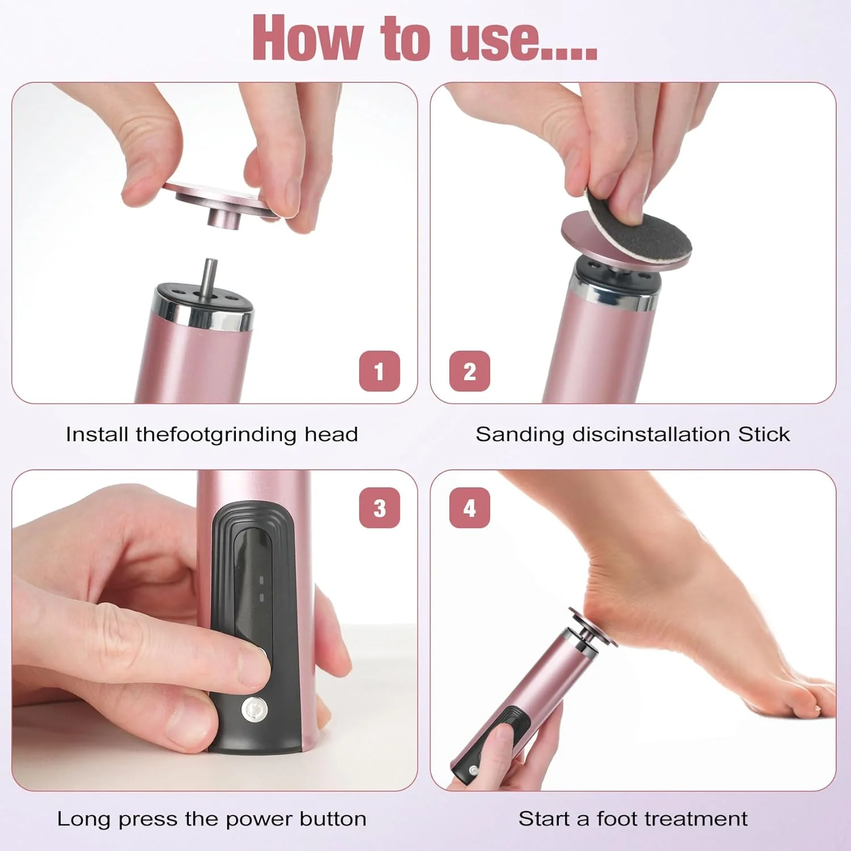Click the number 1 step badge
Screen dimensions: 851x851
click(x=380, y=371)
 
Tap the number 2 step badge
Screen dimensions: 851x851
click(x=469, y=371)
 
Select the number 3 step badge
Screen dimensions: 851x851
click(x=380, y=508)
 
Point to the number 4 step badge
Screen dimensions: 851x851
click(x=469, y=508)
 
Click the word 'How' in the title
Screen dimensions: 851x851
click(x=307, y=39)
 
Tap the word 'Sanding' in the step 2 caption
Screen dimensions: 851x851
click(x=519, y=434)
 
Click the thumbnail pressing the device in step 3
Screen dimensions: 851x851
click(x=255, y=658)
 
